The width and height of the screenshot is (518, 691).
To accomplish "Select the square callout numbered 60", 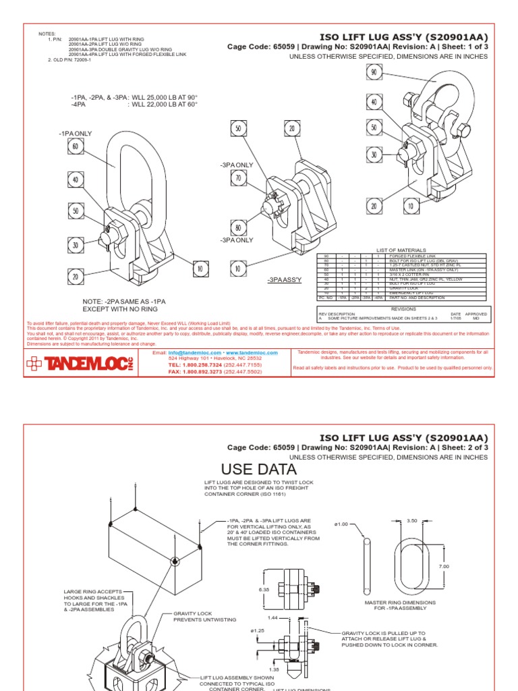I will click(75, 146).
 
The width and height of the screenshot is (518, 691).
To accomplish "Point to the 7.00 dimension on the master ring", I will click(443, 566).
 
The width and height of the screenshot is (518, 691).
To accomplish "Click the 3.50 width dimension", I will click(412, 520).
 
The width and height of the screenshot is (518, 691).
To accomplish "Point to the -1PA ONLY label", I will click(75, 134).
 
